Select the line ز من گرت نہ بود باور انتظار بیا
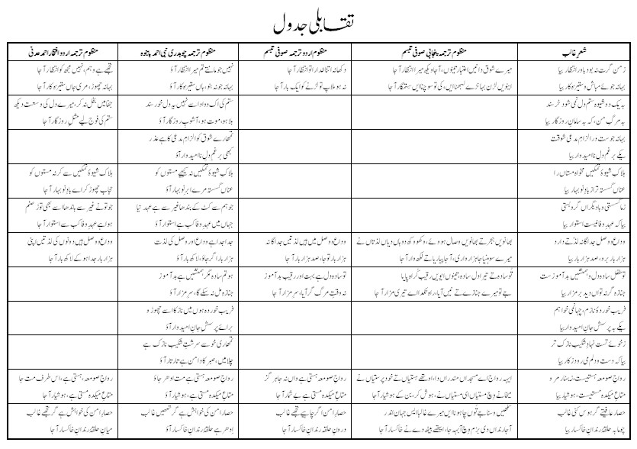tap(583, 66)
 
